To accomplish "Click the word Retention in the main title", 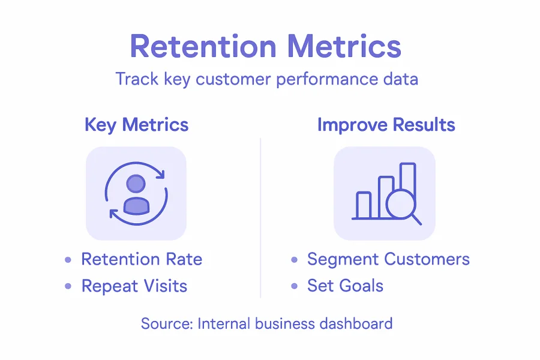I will (203, 47).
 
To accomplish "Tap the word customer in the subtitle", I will (227, 79).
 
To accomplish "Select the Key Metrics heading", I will (136, 125).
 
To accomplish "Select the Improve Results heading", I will (386, 125).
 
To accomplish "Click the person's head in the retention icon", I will (136, 184).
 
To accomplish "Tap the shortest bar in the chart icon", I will (364, 205).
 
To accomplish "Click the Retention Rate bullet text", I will (142, 259).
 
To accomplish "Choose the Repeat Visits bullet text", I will (134, 286).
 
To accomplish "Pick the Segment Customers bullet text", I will (388, 259).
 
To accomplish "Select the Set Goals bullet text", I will (345, 286).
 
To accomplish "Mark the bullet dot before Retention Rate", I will (68, 260).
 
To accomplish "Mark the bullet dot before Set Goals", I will (294, 287).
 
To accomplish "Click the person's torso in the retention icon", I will (136, 205).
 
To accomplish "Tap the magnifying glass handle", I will (415, 220).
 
